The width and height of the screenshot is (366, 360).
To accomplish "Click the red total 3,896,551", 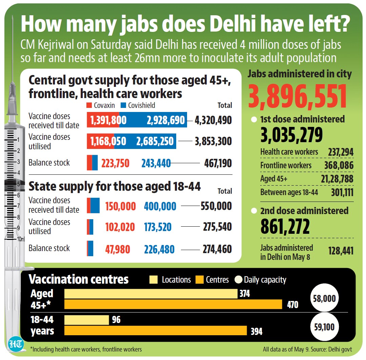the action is coord(298,97).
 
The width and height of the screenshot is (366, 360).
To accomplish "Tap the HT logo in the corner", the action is coord(16,344).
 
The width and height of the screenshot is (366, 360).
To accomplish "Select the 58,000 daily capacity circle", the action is coord(324,298).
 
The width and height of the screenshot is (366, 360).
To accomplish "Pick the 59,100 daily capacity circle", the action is coord(324,327).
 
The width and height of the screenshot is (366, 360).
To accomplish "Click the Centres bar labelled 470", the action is coord(173,304).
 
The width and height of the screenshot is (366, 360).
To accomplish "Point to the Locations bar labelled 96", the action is coord(87,320).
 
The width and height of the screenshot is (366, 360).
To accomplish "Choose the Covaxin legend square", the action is coord(89,105).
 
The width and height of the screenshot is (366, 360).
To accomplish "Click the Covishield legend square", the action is coord(123,105).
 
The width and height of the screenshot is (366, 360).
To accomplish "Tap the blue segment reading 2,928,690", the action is coord(153,120).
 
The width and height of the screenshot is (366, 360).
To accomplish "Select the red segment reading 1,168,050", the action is coord(100,141).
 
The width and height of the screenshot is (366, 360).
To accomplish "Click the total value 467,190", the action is coord(218,163).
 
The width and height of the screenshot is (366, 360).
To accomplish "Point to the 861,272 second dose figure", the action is coord(285,226).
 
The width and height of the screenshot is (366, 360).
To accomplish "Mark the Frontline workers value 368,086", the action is coord(339,165).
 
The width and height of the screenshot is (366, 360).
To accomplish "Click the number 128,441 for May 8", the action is coord(341,251).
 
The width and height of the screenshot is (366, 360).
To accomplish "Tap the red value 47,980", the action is coord(117,249).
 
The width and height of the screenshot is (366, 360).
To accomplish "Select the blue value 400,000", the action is coord(160,206).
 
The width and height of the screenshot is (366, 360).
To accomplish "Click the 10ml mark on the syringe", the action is coord(21,239).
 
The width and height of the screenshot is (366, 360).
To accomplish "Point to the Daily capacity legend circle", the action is coord(238,279).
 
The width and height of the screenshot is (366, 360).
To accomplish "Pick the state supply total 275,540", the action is coord(217,227).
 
